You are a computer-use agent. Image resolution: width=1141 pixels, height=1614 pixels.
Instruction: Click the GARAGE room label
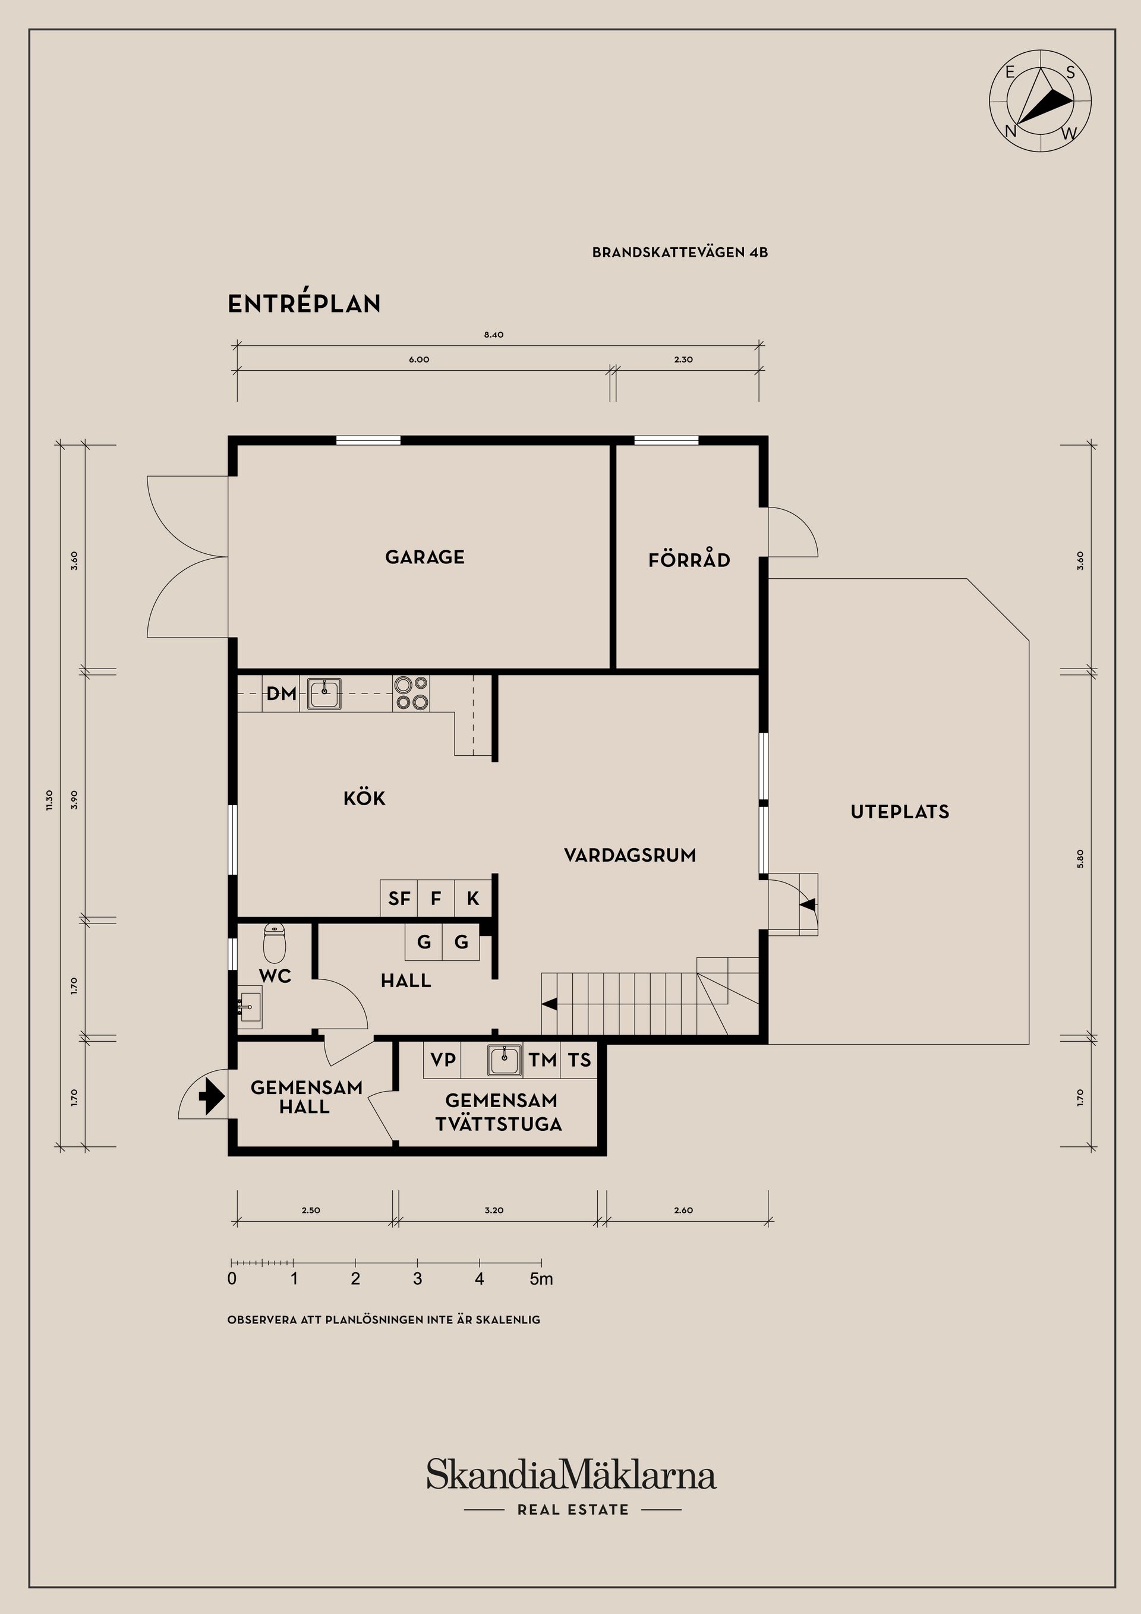[x=425, y=557]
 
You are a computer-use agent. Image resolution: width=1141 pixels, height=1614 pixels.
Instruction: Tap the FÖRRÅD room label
[x=689, y=560]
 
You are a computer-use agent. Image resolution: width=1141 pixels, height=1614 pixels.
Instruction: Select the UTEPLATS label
[x=899, y=811]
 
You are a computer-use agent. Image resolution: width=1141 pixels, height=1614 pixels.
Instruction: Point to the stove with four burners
[x=411, y=693]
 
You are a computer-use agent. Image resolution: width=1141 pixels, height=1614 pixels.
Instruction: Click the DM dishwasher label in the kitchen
[x=280, y=694]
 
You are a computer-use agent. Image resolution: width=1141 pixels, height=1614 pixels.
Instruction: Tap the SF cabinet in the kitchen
[x=399, y=899]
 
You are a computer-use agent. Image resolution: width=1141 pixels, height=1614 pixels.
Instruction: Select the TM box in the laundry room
[x=542, y=1060]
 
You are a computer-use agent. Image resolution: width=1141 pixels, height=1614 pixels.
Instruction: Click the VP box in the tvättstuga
[x=443, y=1060]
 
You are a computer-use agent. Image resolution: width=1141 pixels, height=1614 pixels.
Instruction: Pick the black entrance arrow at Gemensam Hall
[x=212, y=1096]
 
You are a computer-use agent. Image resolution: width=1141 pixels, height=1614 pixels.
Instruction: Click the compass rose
[x=1041, y=100]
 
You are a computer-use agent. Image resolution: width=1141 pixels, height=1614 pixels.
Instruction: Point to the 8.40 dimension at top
[x=493, y=335]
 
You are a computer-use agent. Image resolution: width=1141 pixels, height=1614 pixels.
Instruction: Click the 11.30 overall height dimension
[x=49, y=800]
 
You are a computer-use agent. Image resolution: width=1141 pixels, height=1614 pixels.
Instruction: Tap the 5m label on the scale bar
[x=541, y=1279]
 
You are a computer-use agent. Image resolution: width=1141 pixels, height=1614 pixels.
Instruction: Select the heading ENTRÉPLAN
[x=304, y=304]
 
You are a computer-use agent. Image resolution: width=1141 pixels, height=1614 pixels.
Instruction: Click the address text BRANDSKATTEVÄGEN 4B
[x=679, y=253]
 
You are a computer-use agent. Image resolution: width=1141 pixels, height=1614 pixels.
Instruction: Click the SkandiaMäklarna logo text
[x=571, y=1475]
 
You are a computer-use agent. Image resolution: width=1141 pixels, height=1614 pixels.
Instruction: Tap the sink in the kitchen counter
[x=324, y=693]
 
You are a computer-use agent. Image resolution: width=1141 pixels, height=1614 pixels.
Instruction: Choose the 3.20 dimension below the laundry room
[x=493, y=1210]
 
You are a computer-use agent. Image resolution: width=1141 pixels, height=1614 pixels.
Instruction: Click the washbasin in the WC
[x=249, y=1007]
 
